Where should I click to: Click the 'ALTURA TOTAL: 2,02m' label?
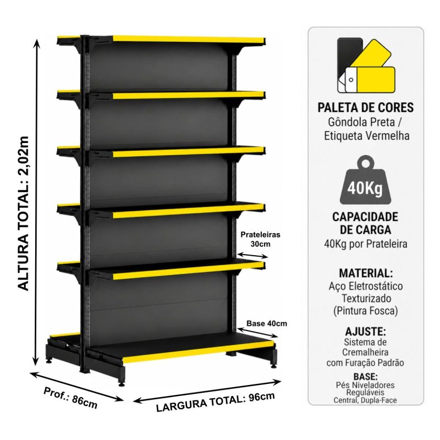23,213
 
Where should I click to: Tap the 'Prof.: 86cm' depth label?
70,398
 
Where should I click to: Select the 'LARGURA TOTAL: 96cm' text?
215,402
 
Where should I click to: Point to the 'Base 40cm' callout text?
267,323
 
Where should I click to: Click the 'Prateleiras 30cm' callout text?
260,239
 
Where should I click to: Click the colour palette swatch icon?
366,65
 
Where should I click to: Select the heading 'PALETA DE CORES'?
365,107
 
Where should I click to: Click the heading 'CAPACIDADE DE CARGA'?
365,223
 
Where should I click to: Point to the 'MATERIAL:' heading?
366,273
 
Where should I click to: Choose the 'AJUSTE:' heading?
365,332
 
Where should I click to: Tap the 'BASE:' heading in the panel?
365,376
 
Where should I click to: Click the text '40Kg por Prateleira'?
365,244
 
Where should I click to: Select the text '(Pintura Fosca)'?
365,311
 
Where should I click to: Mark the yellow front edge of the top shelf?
189,39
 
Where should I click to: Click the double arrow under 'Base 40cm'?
257,332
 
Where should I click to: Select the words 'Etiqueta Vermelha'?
366,136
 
